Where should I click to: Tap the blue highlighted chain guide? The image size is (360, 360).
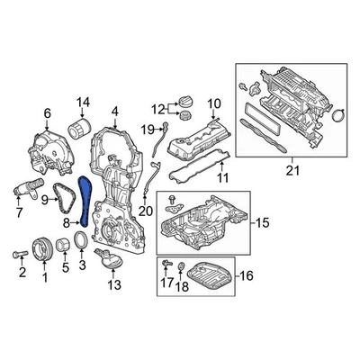pyautogui.click(x=85, y=200)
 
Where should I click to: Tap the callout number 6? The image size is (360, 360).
pyautogui.click(x=47, y=112)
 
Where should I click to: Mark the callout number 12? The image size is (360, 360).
pyautogui.click(x=158, y=110)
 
